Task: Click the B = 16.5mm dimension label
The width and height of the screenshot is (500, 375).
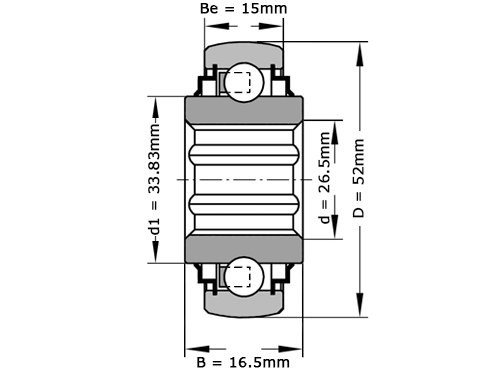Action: (x=243, y=361)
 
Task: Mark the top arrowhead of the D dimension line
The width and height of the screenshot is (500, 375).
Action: (x=358, y=47)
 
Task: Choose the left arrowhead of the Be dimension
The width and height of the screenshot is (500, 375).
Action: (x=209, y=29)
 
